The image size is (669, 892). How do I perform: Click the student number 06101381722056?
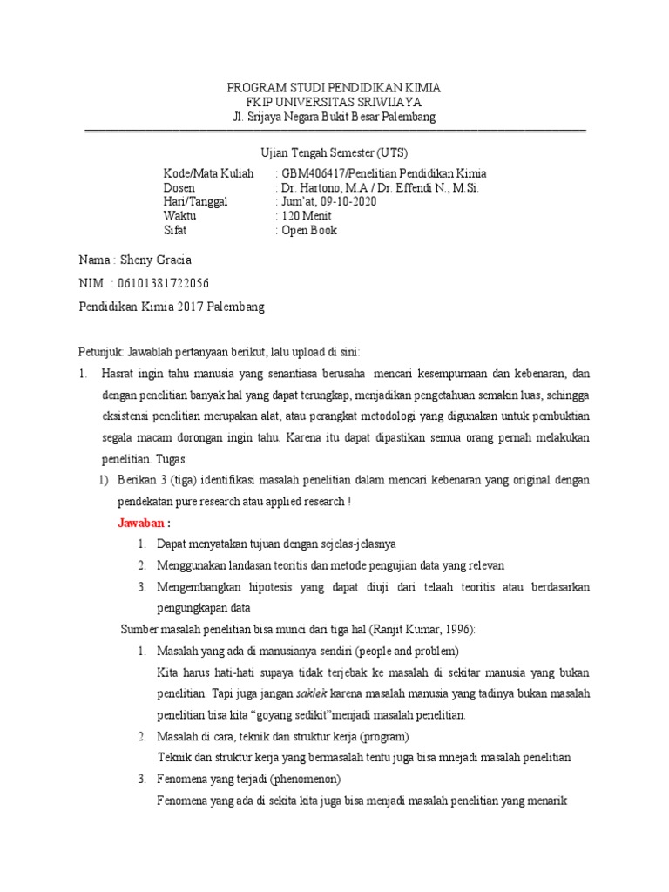(166, 284)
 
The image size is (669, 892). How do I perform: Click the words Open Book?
(308, 230)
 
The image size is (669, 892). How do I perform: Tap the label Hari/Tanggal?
(195, 201)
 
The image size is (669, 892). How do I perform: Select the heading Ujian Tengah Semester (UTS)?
(335, 152)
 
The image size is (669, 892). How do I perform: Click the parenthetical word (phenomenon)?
(305, 778)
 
